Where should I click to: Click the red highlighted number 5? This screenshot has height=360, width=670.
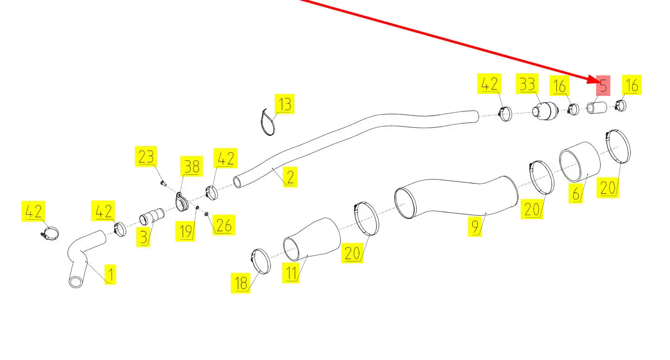603,86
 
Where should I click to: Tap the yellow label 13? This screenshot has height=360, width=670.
284,104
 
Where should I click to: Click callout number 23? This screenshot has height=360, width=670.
146,157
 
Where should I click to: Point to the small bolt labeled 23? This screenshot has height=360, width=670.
163,183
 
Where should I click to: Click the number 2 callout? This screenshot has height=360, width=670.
290,177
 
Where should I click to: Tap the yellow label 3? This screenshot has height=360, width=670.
143,237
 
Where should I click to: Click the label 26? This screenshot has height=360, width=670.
223,225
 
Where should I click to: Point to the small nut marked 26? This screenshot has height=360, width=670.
206,213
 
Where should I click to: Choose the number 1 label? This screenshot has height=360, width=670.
110,275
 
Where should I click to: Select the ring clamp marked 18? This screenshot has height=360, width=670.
260,261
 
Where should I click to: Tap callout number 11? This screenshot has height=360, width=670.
291,272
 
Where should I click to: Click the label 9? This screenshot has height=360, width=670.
475,227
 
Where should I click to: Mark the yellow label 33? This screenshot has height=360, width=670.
527,84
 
